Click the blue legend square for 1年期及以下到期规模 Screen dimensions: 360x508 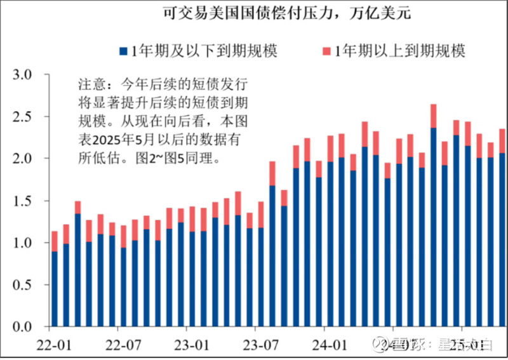click(x=123, y=50)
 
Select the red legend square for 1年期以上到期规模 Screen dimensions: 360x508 click(x=327, y=50)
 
